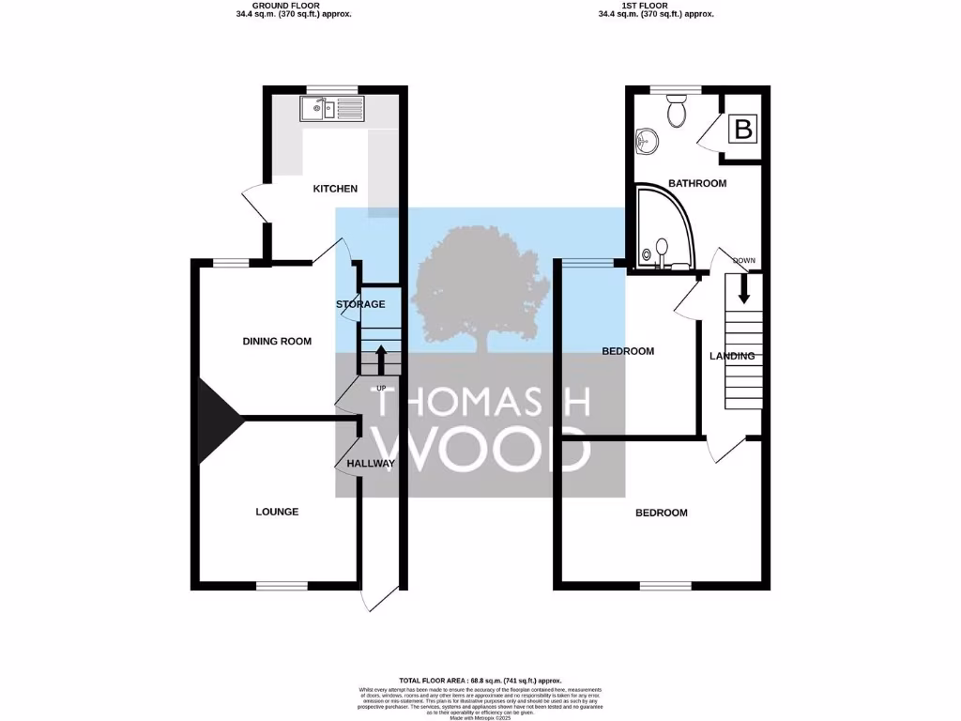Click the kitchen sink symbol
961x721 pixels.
tap(333, 111)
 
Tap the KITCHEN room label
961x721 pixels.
tap(335, 189)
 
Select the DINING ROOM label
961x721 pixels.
tap(277, 341)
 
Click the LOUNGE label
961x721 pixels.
tap(277, 512)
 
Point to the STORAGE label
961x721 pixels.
tap(360, 304)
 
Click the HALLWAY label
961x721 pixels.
tap(371, 464)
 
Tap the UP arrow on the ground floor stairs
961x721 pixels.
tap(381, 358)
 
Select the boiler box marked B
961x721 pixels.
tap(742, 130)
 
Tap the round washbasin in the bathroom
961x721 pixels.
tap(647, 143)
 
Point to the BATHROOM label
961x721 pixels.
tap(696, 183)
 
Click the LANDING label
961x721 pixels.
tap(732, 356)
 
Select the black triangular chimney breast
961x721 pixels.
tap(215, 420)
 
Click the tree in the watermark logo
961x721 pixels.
tap(480, 290)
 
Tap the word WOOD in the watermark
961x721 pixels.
tap(481, 449)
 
